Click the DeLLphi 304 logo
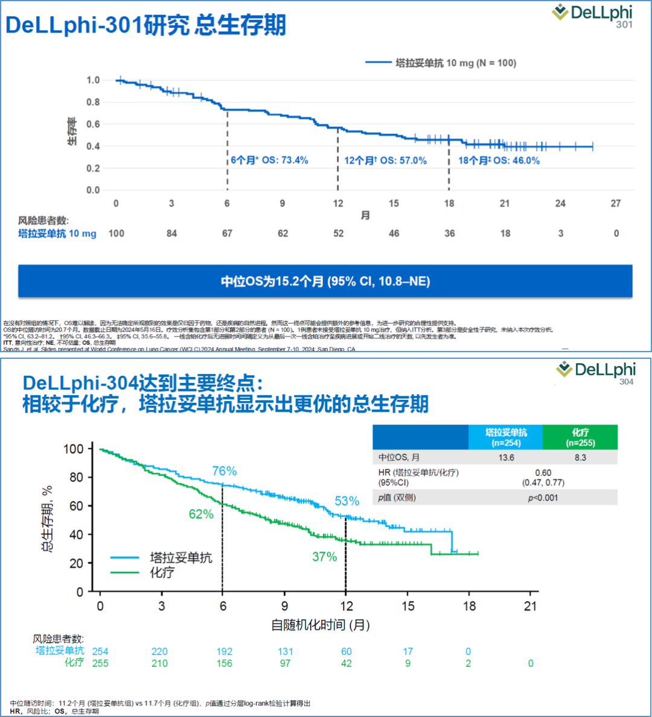click(x=596, y=371)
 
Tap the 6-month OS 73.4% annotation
click(x=269, y=161)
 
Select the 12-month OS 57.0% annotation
click(x=385, y=161)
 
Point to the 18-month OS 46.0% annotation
click(x=499, y=161)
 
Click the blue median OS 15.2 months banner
click(x=325, y=281)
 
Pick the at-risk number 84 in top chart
click(x=172, y=234)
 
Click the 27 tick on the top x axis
click(x=616, y=204)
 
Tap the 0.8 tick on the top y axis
click(x=93, y=102)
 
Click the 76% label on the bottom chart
click(x=224, y=471)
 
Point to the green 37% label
click(x=324, y=557)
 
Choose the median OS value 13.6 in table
click(x=506, y=458)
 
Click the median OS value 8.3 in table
click(x=580, y=458)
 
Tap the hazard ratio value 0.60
click(x=543, y=473)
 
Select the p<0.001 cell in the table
click(x=543, y=498)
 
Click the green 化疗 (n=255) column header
click(x=580, y=437)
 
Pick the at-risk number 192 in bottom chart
click(x=224, y=652)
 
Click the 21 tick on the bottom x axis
click(x=530, y=606)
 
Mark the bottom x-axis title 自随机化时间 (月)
click(x=320, y=625)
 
